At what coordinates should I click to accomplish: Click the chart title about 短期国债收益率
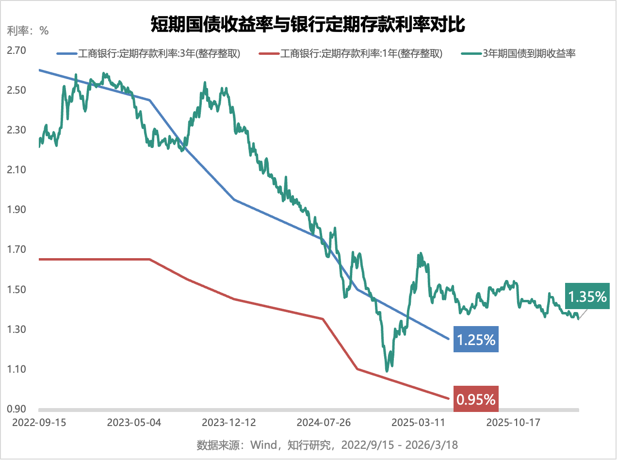308,24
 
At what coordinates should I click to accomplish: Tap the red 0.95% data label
476,399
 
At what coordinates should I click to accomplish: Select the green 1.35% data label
587,296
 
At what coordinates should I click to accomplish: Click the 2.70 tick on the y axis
16,50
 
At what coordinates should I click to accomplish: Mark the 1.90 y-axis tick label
16,210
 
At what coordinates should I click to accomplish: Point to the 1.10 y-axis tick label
16,369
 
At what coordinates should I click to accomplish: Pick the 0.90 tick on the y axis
16,409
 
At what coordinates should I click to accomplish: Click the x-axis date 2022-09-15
39,422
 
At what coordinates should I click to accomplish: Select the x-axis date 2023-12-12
228,422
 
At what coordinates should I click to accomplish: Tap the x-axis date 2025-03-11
418,422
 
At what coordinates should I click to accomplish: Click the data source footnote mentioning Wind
327,445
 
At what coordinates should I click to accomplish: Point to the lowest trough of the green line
387,371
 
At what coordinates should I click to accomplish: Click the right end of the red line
448,399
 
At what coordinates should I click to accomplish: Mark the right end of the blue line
448,339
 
